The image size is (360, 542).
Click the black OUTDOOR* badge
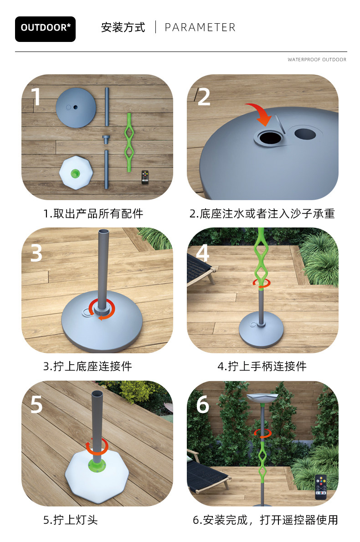point(45,29)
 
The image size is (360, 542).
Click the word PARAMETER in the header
point(200,27)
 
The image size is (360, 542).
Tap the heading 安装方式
point(123,27)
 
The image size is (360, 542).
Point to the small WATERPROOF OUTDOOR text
point(317,59)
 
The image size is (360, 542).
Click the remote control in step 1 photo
point(145,176)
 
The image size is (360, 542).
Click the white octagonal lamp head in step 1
point(76,172)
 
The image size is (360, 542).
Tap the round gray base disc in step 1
point(76,108)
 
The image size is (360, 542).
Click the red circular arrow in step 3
point(102,310)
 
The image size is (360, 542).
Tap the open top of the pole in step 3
point(103,232)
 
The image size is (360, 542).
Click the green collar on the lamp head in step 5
point(97,465)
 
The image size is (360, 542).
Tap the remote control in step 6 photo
point(321,487)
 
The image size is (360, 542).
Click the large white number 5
point(36,404)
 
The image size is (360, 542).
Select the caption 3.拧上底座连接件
point(87,366)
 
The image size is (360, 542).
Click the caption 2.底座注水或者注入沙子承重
point(262,214)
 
